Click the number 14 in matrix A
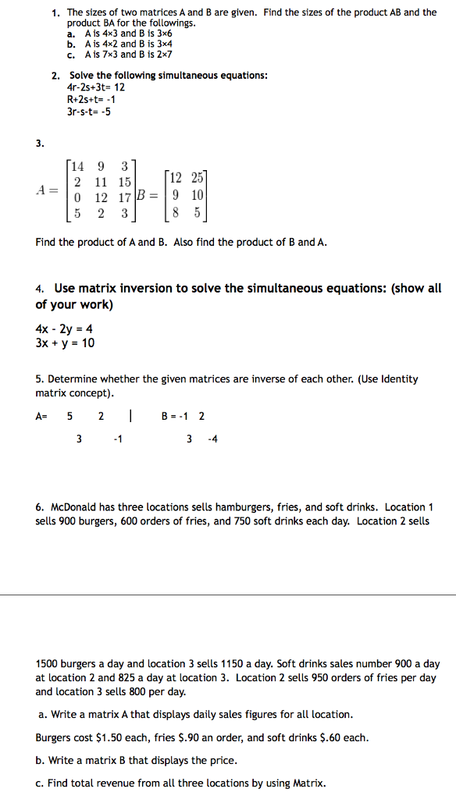(77, 165)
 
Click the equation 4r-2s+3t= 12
(96, 87)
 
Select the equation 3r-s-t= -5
(89, 111)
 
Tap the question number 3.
(40, 143)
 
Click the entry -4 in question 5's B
(213, 439)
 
